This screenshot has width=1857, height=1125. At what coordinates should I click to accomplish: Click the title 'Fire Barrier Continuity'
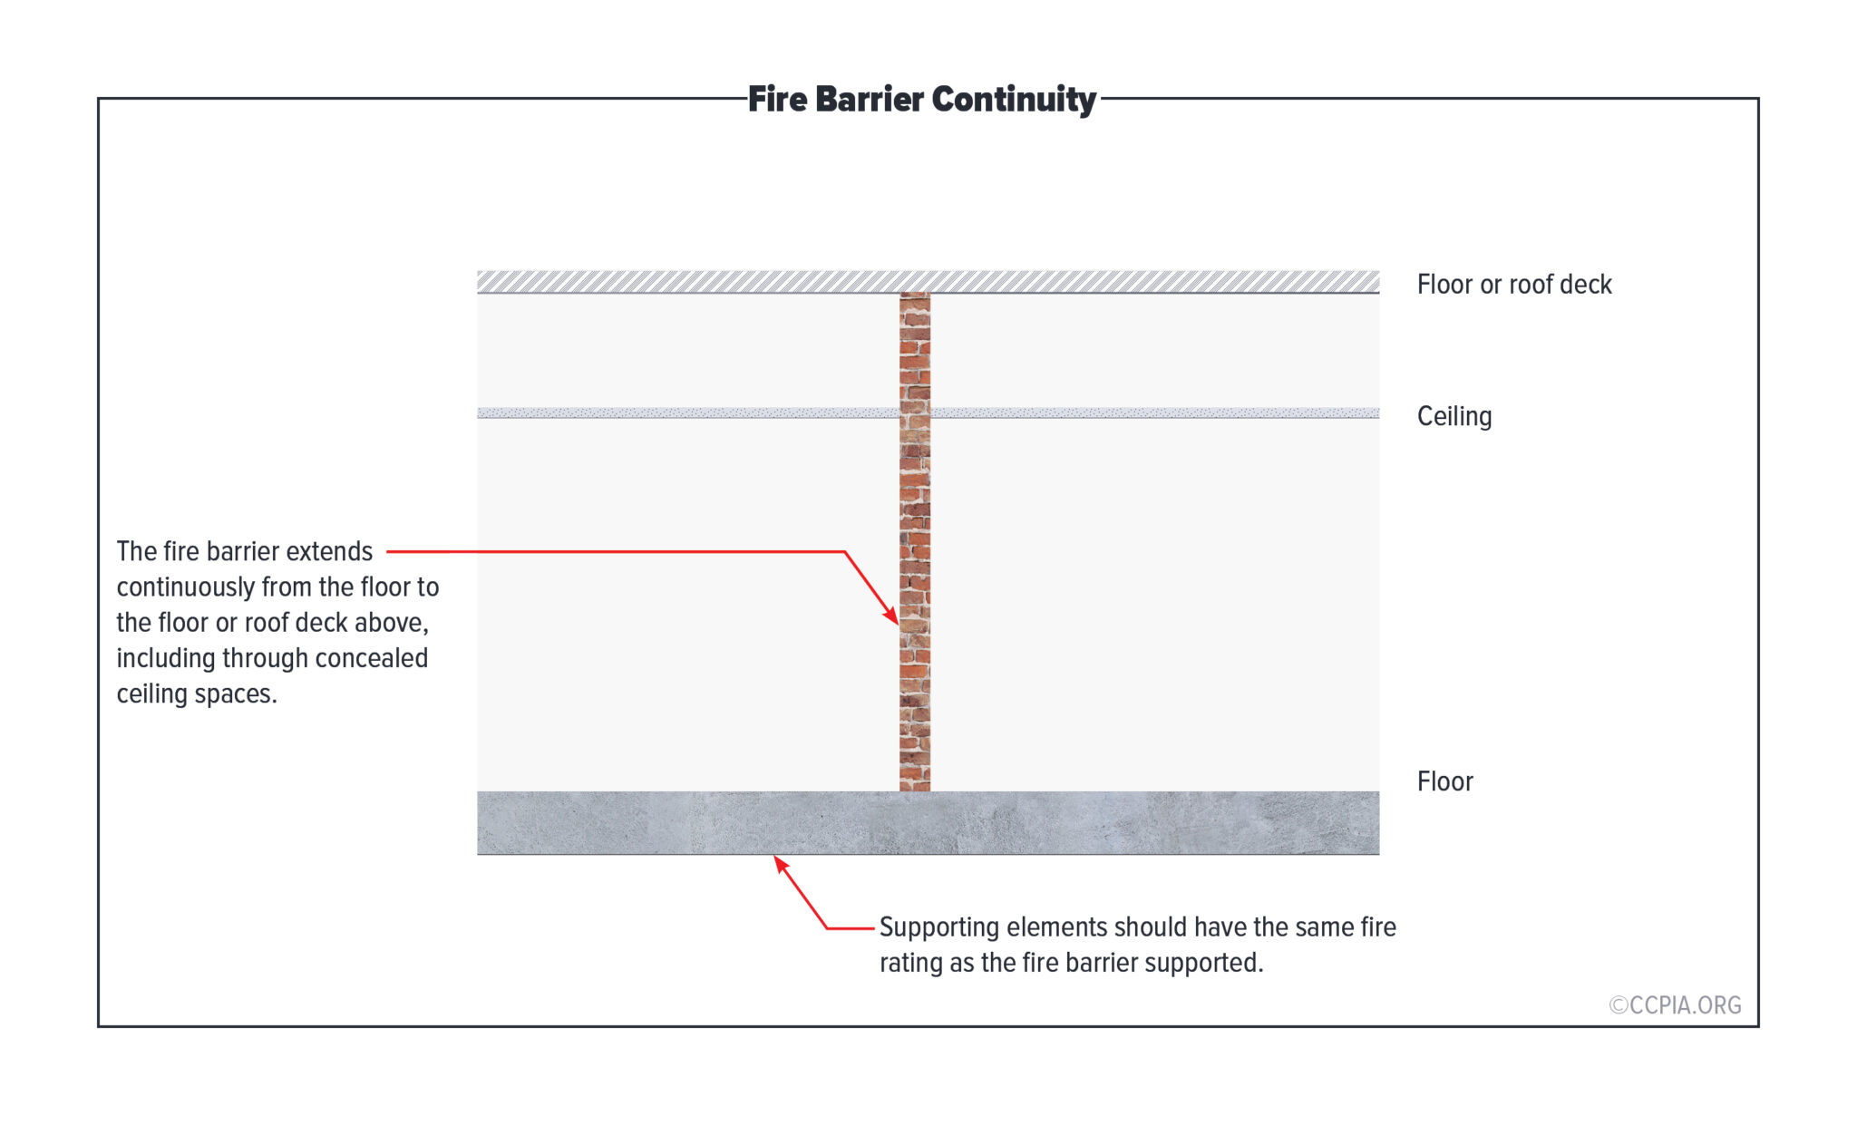921,100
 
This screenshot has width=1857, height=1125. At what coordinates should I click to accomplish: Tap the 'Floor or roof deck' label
1514,285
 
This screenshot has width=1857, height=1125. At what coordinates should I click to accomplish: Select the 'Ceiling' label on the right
1454,417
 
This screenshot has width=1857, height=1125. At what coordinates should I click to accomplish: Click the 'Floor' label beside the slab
1445,781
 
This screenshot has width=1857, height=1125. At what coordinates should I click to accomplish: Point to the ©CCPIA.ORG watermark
1675,1005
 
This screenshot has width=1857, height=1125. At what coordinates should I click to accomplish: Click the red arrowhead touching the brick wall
890,614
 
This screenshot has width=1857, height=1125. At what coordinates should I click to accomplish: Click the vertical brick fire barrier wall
915,542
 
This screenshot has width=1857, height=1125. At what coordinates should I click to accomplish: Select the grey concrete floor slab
928,823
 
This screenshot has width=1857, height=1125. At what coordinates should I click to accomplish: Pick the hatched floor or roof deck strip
928,282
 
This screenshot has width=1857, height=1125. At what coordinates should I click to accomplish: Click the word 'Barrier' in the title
869,100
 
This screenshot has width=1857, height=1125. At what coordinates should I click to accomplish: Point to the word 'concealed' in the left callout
372,658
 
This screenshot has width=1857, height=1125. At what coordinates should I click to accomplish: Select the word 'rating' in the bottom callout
911,964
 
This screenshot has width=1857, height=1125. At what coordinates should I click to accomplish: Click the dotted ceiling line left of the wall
688,413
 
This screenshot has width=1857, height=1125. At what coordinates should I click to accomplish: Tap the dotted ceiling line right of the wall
1155,413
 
